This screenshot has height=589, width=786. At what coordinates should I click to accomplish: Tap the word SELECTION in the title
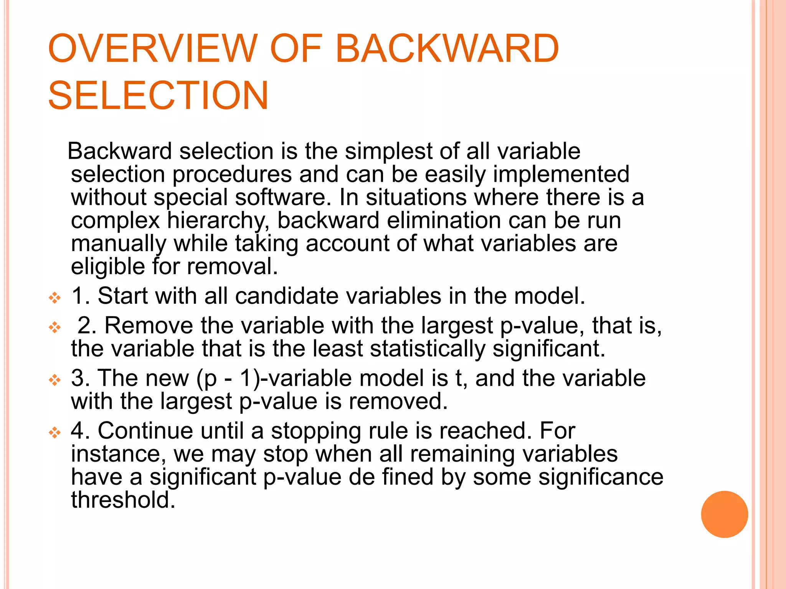coord(158,95)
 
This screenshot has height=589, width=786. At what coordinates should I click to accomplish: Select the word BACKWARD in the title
coord(447,49)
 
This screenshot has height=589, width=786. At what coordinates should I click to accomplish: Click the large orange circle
coord(724,514)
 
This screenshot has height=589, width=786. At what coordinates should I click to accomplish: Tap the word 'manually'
coord(119,244)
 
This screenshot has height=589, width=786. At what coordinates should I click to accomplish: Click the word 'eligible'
coord(108,267)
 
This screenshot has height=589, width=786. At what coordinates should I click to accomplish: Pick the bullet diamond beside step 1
coord(55,298)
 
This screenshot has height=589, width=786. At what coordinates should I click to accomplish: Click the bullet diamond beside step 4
coord(55,433)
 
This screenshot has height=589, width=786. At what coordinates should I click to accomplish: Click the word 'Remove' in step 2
coord(149,326)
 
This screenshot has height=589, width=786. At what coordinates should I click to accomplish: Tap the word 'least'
coord(338,349)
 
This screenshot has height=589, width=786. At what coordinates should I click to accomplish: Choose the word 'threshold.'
coord(123,500)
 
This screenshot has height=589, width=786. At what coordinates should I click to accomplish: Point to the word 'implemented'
coord(561,175)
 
